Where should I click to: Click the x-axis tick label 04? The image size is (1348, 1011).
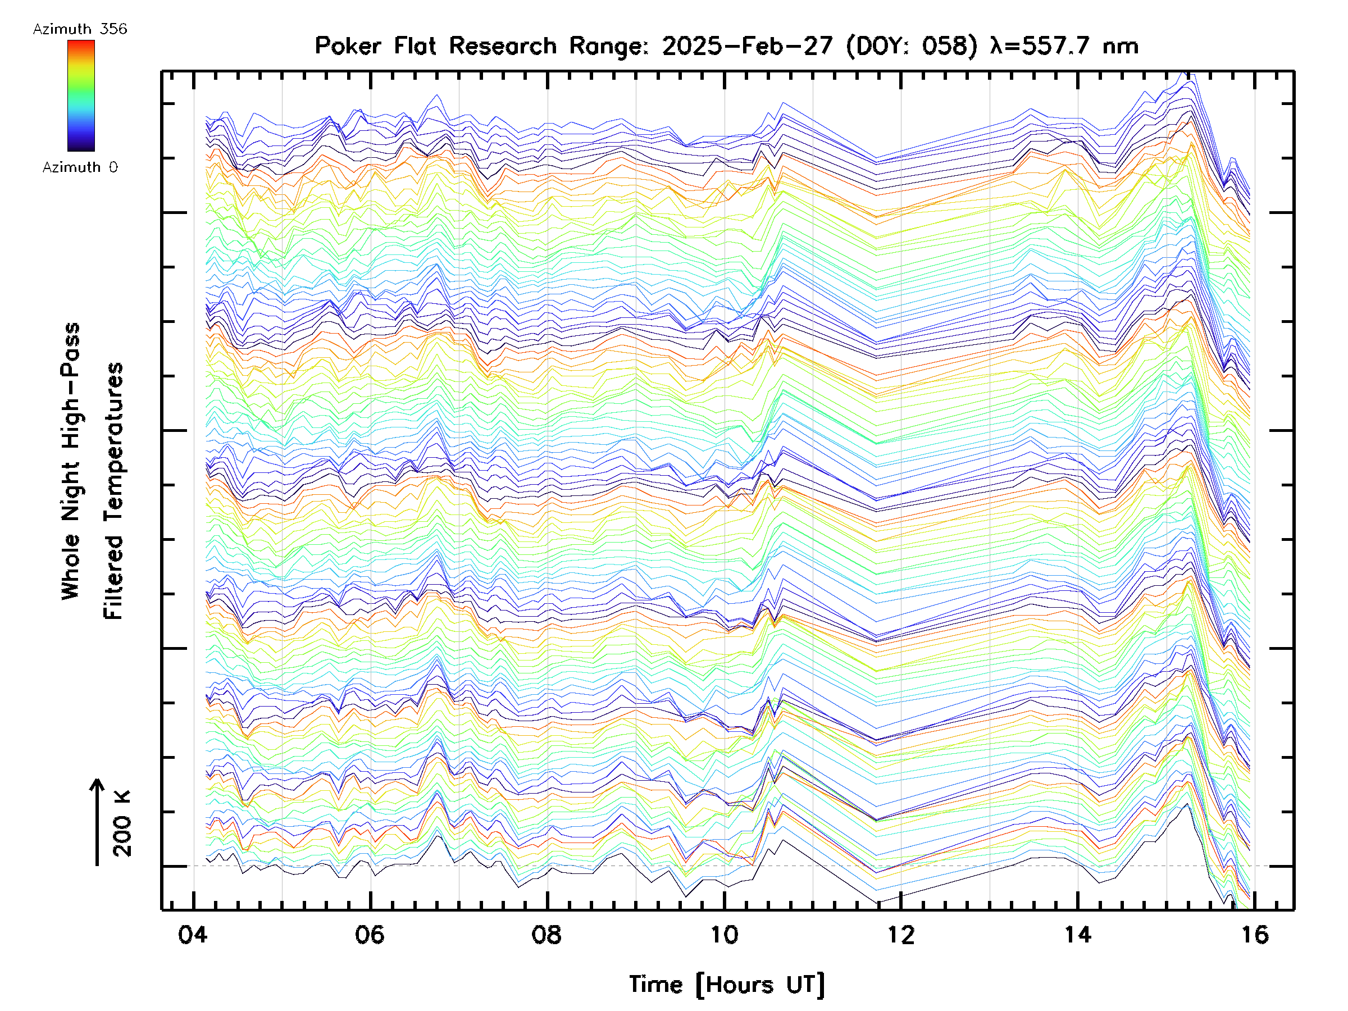pyautogui.click(x=193, y=935)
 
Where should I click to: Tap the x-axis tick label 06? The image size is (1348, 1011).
pyautogui.click(x=370, y=935)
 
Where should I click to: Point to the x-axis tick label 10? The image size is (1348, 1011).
pyautogui.click(x=724, y=935)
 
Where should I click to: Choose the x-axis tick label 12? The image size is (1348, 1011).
pyautogui.click(x=901, y=935)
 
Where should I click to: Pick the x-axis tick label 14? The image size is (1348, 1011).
pyautogui.click(x=1077, y=935)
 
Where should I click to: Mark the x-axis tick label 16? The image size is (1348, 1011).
pyautogui.click(x=1254, y=935)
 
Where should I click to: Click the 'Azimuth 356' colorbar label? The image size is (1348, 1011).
pyautogui.click(x=80, y=29)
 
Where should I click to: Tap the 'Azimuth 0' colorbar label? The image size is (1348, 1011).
pyautogui.click(x=80, y=167)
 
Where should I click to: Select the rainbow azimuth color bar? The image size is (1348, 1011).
pyautogui.click(x=81, y=95)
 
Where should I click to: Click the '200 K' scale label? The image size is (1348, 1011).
pyautogui.click(x=122, y=823)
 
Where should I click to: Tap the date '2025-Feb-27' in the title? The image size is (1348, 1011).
pyautogui.click(x=746, y=45)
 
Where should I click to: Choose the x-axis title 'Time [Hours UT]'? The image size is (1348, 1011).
pyautogui.click(x=726, y=984)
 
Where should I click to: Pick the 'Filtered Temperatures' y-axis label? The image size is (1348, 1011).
pyautogui.click(x=113, y=490)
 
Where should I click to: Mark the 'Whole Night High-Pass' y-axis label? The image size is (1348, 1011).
pyautogui.click(x=71, y=461)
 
